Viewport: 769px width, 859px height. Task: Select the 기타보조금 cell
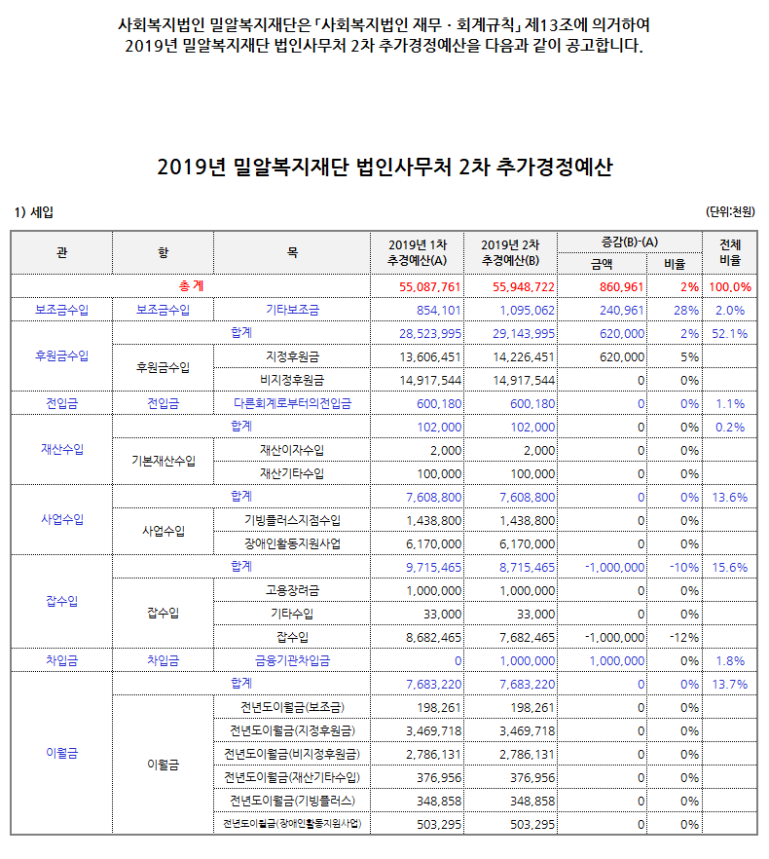pyautogui.click(x=292, y=311)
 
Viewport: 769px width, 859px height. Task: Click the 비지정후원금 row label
pyautogui.click(x=292, y=381)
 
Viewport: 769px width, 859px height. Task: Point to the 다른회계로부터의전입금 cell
pyautogui.click(x=292, y=404)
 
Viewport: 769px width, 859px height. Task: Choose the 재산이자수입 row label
pyautogui.click(x=292, y=451)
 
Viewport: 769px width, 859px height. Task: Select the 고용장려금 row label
pyautogui.click(x=292, y=591)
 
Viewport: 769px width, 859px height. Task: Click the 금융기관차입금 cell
pyautogui.click(x=292, y=661)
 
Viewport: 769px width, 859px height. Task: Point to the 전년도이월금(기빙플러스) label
pyautogui.click(x=292, y=802)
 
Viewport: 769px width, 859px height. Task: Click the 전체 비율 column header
pyautogui.click(x=729, y=252)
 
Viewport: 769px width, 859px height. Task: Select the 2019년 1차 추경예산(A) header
pyautogui.click(x=418, y=252)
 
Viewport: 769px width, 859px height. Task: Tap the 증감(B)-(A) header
pyautogui.click(x=630, y=242)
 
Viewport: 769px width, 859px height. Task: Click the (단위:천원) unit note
pyautogui.click(x=731, y=211)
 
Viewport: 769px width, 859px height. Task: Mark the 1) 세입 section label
pyautogui.click(x=34, y=211)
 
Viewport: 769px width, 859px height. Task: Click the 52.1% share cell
pyautogui.click(x=729, y=334)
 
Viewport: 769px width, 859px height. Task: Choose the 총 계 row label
pyautogui.click(x=191, y=287)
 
